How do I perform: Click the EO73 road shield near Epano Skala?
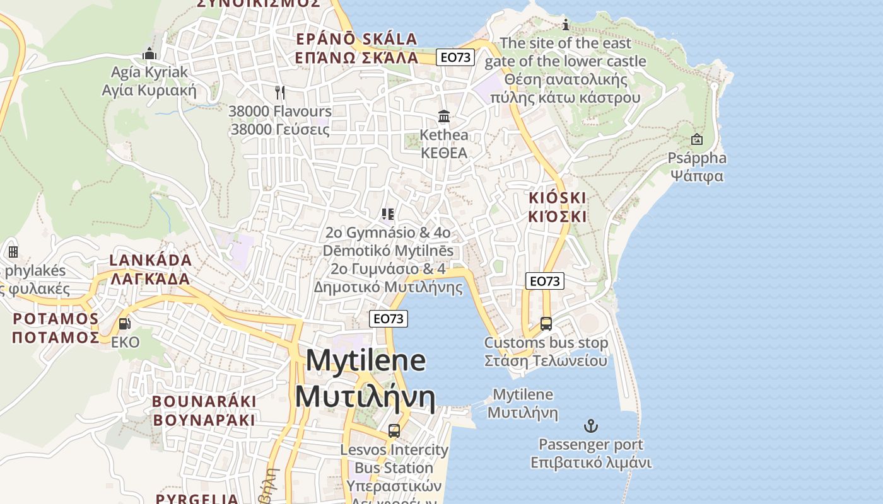click(x=455, y=57)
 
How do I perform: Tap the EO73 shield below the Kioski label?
click(x=544, y=281)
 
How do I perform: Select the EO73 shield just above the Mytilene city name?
click(x=389, y=319)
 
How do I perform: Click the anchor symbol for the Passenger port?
click(x=590, y=426)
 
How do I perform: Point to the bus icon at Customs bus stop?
click(x=546, y=324)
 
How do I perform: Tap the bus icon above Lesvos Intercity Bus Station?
click(x=394, y=431)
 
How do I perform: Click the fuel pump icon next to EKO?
click(x=125, y=324)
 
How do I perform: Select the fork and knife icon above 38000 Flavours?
click(x=280, y=93)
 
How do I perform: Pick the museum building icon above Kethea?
click(x=444, y=117)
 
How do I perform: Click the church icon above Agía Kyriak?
click(x=149, y=54)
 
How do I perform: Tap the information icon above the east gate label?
click(x=566, y=25)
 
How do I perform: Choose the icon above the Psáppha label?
click(x=697, y=139)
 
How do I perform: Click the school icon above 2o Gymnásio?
click(x=388, y=214)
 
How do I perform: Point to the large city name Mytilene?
click(x=366, y=360)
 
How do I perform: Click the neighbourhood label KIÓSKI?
click(x=558, y=198)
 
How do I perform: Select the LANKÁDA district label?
click(x=151, y=260)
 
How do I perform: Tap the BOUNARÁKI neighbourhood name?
click(x=204, y=401)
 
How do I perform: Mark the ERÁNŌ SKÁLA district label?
click(x=357, y=39)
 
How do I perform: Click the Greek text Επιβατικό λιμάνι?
click(x=590, y=463)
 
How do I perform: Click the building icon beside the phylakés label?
click(x=13, y=252)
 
